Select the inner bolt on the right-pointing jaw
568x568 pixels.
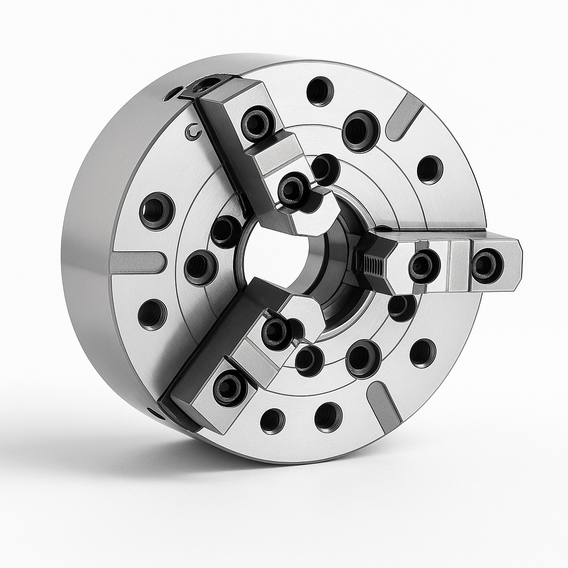tap(424, 266)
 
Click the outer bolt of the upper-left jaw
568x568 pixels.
tap(258, 123)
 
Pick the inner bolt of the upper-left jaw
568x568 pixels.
tap(293, 190)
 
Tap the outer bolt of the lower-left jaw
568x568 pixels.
tap(230, 388)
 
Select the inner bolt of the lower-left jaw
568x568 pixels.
tap(276, 333)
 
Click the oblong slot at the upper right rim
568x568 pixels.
tap(404, 116)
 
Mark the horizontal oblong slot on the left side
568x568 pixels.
tap(138, 262)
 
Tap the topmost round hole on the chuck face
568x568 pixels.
tap(320, 91)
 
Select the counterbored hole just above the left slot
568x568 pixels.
tap(157, 211)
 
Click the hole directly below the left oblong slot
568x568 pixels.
tap(152, 315)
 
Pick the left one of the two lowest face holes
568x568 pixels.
tap(272, 420)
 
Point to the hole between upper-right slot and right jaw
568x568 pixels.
tap(430, 170)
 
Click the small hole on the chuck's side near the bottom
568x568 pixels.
tap(155, 413)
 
